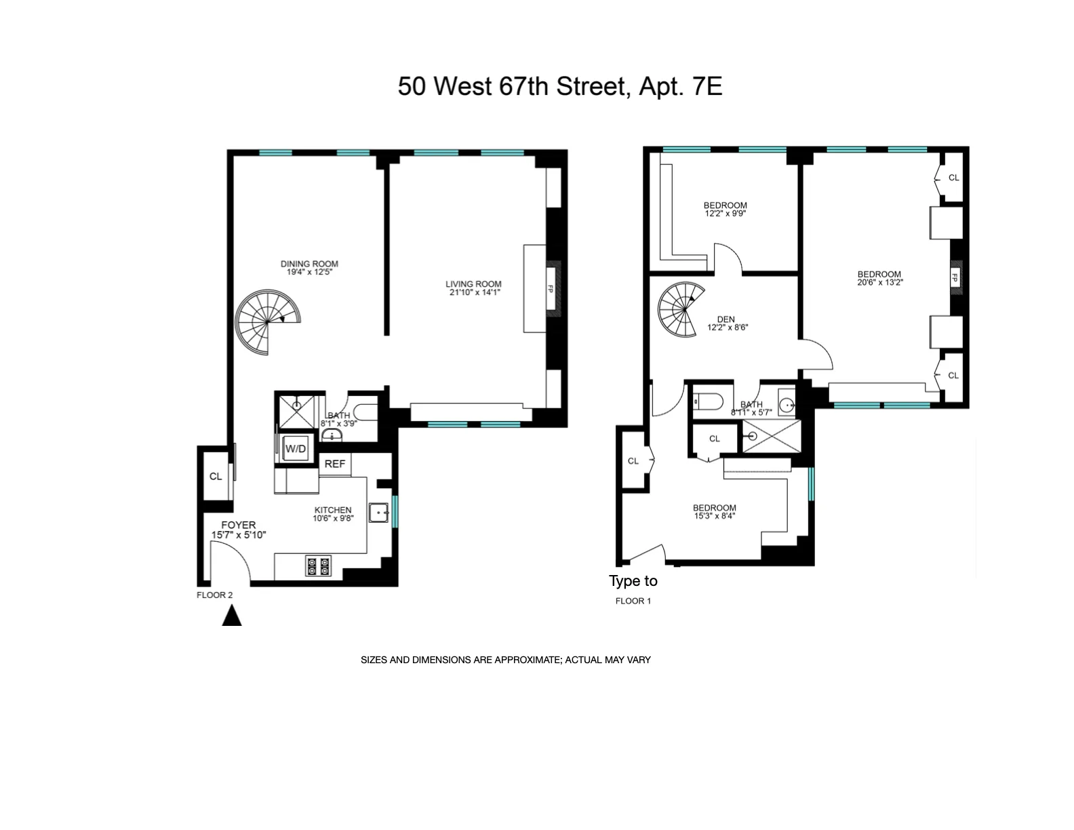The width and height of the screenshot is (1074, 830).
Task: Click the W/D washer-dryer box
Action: tap(295, 448)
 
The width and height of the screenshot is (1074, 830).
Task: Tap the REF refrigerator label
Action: tap(335, 464)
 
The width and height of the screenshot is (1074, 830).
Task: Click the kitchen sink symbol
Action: tap(378, 513)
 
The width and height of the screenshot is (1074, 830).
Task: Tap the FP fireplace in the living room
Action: tap(553, 289)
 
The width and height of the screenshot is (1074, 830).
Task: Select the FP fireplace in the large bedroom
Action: tap(955, 277)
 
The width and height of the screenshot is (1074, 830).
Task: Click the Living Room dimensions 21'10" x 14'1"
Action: tap(473, 293)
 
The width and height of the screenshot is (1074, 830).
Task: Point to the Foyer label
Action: tap(238, 525)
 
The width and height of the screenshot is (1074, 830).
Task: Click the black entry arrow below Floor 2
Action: tap(232, 616)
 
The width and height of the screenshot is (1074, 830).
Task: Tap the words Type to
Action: tap(633, 581)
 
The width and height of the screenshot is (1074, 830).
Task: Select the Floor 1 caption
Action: tap(633, 601)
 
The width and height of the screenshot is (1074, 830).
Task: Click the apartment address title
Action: tap(559, 87)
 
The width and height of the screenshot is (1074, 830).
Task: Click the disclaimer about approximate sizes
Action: tap(505, 660)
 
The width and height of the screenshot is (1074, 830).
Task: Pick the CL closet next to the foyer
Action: tap(216, 476)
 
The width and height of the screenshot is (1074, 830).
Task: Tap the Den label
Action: tap(725, 319)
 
